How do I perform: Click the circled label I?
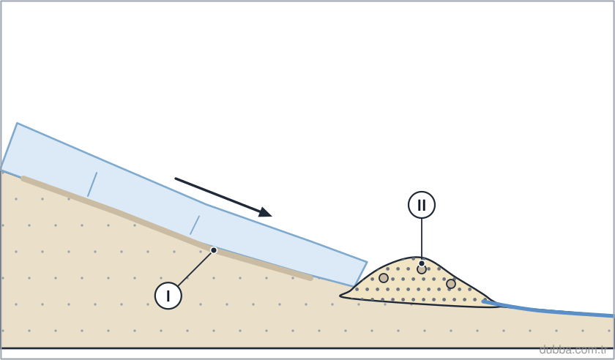168,296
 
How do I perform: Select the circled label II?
422,205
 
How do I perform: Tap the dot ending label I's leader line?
214,250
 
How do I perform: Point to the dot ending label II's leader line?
422,263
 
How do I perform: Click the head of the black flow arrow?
266,212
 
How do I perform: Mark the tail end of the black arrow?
175,179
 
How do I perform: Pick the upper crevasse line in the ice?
92,184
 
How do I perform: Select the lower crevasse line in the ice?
195,225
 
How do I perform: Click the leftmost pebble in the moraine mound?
384,278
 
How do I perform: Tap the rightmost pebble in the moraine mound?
451,283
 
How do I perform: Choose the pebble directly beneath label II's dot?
422,269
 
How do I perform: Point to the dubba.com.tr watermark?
573,349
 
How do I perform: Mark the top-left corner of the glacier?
18,123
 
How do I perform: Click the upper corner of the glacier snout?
367,262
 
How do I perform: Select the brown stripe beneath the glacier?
167,229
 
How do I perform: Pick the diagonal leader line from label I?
195,269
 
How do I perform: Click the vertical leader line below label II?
422,239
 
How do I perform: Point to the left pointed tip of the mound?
340,296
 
